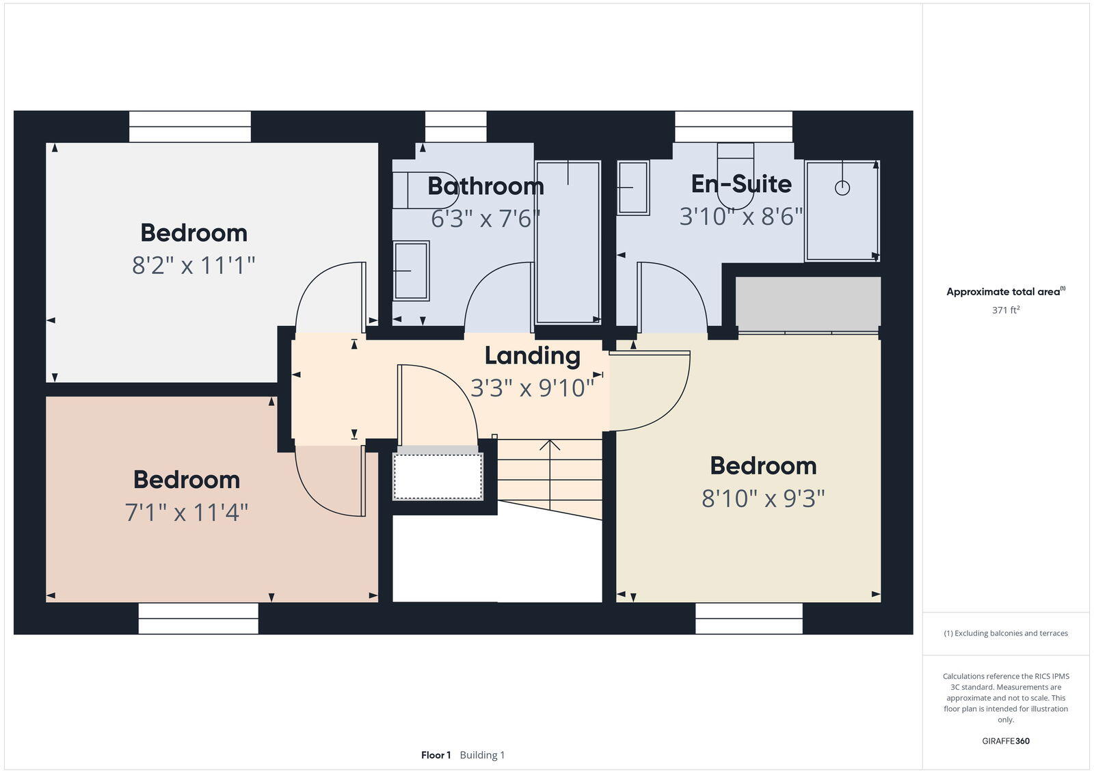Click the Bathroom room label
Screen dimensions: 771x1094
pyautogui.click(x=485, y=186)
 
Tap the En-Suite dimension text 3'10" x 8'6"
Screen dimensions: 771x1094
pyautogui.click(x=741, y=217)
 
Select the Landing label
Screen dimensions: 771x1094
pyautogui.click(x=532, y=355)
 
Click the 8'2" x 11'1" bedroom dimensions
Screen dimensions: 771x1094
pyautogui.click(x=194, y=265)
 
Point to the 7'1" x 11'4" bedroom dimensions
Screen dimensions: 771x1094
pyautogui.click(x=186, y=512)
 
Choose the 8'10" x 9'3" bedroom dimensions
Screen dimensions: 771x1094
pyautogui.click(x=763, y=498)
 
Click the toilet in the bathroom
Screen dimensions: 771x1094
pyautogui.click(x=427, y=190)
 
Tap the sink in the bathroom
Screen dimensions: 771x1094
pyautogui.click(x=411, y=271)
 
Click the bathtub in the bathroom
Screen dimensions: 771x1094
pyautogui.click(x=568, y=242)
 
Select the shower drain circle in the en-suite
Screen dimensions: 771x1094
pyautogui.click(x=842, y=187)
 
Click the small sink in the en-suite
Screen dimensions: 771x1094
pyautogui.click(x=632, y=188)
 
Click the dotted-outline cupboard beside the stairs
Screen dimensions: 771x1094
pyautogui.click(x=438, y=476)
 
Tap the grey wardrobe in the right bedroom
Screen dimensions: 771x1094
pyautogui.click(x=808, y=303)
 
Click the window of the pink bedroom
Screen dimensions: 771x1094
pyautogui.click(x=198, y=618)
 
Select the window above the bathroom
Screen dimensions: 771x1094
pyautogui.click(x=455, y=127)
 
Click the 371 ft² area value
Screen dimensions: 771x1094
pyautogui.click(x=1006, y=310)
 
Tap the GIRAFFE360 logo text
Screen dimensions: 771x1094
pyautogui.click(x=1006, y=741)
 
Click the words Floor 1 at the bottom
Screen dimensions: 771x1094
pyautogui.click(x=436, y=755)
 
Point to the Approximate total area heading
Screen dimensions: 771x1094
pyautogui.click(x=1004, y=292)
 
